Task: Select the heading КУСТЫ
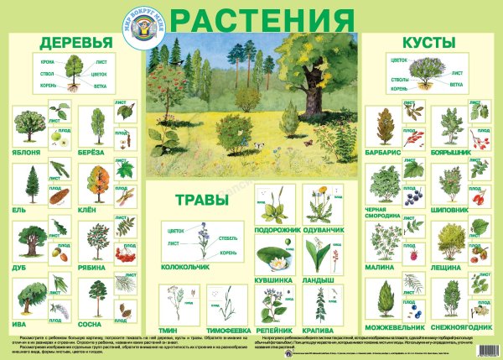pos(427,41)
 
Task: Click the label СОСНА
pos(97,322)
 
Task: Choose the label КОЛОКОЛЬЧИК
pos(190,271)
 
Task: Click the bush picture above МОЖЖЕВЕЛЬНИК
pos(386,298)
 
